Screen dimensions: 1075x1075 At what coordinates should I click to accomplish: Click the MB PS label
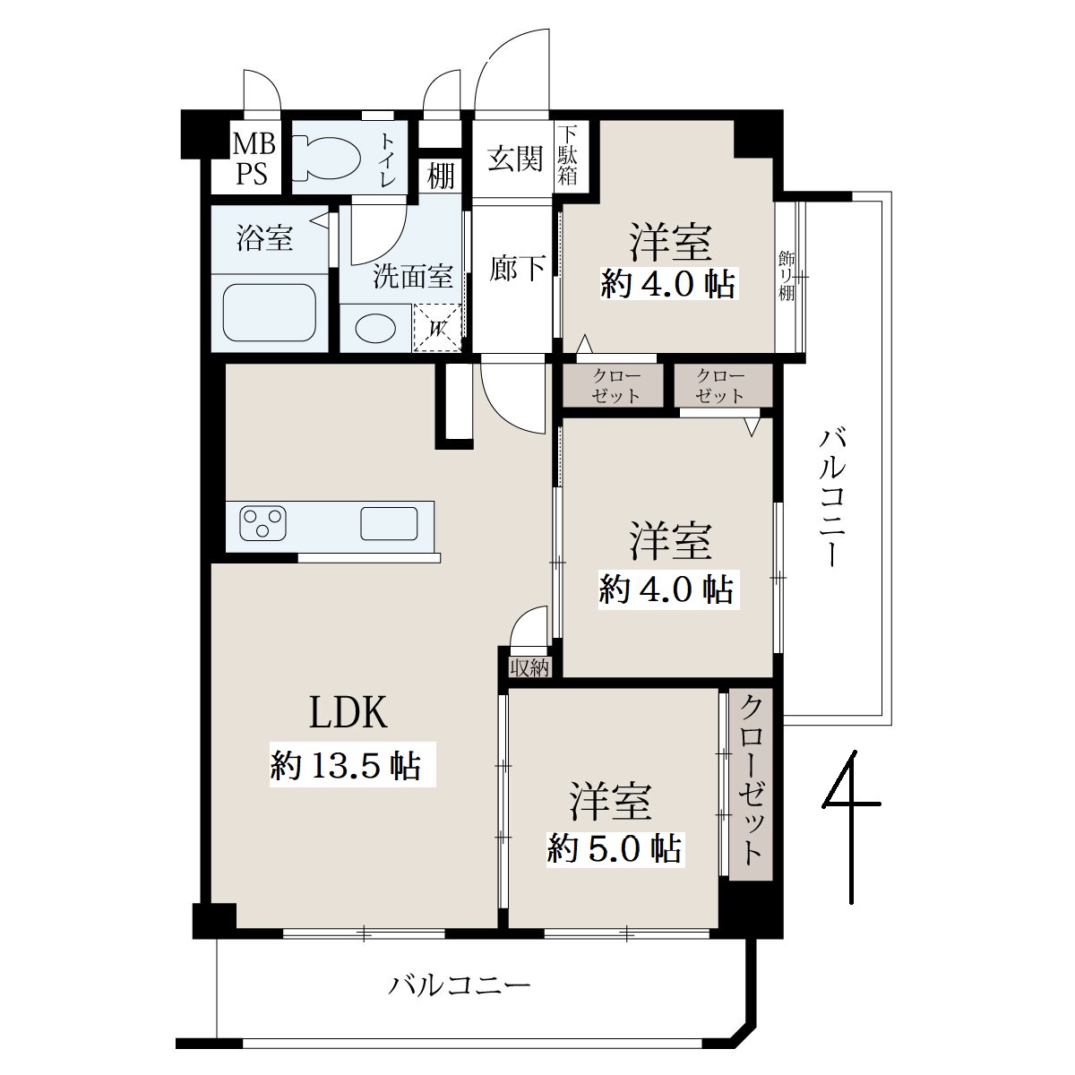click(x=254, y=159)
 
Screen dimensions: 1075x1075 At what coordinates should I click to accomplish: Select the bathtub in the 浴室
click(x=269, y=313)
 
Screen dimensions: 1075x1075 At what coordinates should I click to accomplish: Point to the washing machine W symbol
click(x=437, y=328)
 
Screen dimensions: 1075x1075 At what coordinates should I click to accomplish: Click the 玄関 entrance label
click(x=514, y=159)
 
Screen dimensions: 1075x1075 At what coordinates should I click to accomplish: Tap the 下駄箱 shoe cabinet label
click(x=567, y=156)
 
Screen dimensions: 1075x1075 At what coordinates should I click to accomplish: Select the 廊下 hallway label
click(x=517, y=269)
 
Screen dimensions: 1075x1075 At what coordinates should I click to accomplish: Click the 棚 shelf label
click(x=441, y=176)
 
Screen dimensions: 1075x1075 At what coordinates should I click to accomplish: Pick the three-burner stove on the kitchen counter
click(x=262, y=522)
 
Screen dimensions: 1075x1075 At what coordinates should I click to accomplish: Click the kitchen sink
click(x=389, y=523)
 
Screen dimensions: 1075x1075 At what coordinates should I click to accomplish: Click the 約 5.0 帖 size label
click(x=615, y=848)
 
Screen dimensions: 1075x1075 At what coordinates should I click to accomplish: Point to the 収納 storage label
click(x=529, y=667)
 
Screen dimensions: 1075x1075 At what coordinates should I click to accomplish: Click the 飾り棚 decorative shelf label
click(x=787, y=277)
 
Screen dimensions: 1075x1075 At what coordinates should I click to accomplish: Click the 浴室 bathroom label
click(x=264, y=237)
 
